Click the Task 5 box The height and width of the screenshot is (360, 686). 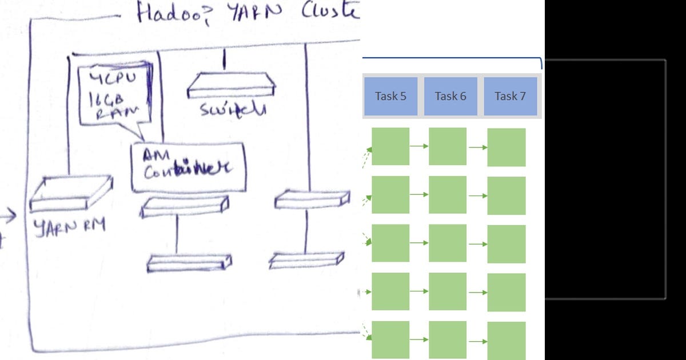point(390,96)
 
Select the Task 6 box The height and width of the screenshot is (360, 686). point(450,96)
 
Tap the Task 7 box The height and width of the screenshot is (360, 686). point(510,96)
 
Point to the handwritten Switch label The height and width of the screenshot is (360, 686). point(232,109)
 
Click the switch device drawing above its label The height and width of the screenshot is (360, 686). point(232,85)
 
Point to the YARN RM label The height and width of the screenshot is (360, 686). point(70,226)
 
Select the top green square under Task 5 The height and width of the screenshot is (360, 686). point(390,146)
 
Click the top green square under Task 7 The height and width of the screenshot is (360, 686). point(506,147)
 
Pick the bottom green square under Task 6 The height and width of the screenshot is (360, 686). point(448,340)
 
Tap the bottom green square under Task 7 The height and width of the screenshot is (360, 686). point(506,341)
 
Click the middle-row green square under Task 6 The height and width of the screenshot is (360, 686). point(448,243)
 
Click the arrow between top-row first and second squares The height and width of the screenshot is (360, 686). point(419,146)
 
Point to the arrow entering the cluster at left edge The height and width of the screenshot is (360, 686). point(7,217)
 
